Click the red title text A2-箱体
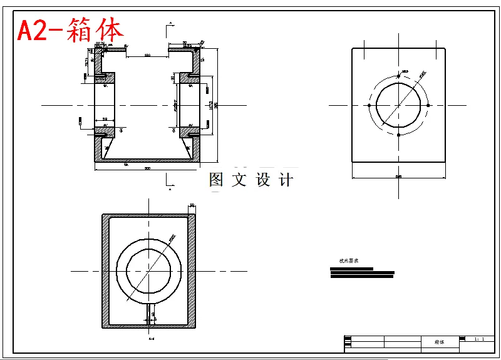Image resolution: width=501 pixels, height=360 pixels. (71, 29)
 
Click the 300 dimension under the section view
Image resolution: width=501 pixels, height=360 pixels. (147, 168)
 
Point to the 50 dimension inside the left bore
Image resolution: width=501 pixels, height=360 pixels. (105, 119)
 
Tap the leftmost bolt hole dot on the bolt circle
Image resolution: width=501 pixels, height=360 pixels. (369, 106)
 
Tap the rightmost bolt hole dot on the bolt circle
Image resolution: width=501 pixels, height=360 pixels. (428, 106)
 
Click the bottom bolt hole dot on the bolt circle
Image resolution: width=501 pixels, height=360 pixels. (399, 135)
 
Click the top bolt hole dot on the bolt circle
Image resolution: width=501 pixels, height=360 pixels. (399, 76)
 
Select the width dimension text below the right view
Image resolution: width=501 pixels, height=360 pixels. (399, 177)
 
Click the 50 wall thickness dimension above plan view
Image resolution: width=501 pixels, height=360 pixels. (192, 205)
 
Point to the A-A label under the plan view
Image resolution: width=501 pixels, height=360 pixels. (151, 339)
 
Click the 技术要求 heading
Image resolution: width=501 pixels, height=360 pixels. (348, 260)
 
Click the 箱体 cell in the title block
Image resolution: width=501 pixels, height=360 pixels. (439, 342)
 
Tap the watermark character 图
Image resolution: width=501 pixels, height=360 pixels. (216, 180)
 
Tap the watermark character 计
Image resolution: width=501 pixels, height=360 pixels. (286, 180)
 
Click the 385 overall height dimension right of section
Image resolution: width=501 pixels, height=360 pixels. (216, 106)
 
